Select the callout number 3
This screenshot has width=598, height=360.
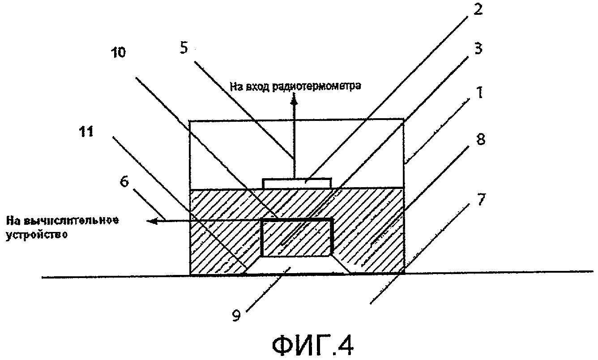(478, 49)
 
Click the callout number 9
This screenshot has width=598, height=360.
(237, 316)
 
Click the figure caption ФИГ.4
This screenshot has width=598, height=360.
(312, 345)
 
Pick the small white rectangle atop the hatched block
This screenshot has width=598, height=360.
(297, 183)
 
